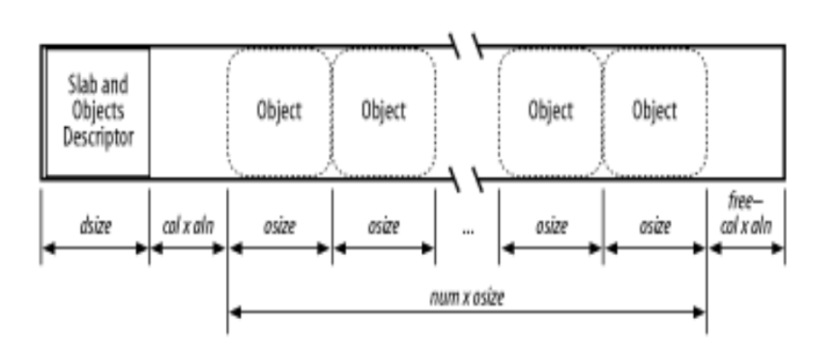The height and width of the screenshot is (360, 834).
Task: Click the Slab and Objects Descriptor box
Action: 96,112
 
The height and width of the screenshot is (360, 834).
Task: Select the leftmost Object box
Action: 279,112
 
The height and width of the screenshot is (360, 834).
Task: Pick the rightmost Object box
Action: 655,112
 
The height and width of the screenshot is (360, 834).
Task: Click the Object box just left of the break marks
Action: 383,112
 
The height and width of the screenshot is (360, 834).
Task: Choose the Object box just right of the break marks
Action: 551,112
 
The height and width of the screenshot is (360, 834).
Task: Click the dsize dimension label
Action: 96,227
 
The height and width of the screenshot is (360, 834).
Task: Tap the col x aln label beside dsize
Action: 188,227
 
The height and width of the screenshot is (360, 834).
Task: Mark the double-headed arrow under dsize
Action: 96,248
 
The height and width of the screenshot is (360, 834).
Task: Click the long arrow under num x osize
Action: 466,312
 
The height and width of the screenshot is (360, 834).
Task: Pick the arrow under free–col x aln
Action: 746,248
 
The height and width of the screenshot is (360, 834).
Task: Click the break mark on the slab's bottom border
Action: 466,178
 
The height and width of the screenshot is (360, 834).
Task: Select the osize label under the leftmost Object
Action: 279,227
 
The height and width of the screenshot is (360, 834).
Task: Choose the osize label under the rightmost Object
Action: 655,227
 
